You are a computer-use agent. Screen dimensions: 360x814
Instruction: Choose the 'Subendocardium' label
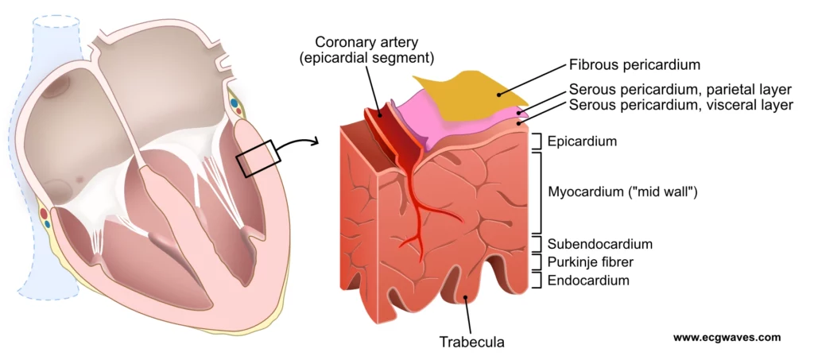[600, 243]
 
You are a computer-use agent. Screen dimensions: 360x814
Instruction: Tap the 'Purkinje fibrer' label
[595, 261]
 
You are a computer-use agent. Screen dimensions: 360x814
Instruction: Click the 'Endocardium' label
[588, 280]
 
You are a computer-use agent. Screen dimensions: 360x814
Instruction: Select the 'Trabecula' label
[472, 343]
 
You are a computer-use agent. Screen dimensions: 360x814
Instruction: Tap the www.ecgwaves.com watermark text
[727, 338]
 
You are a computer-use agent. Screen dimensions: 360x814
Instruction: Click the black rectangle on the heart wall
[258, 159]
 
